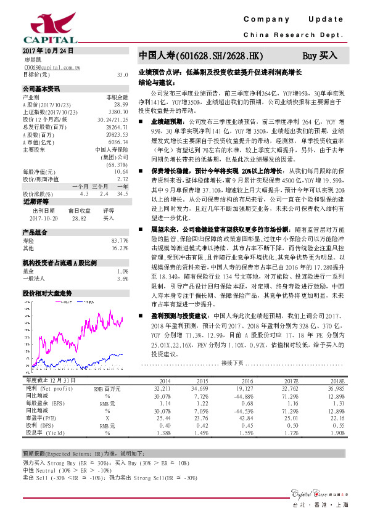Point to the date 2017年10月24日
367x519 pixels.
pyautogui.click(x=47, y=51)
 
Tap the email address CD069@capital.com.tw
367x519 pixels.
pyautogui.click(x=50, y=67)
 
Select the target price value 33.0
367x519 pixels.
pyautogui.click(x=122, y=74)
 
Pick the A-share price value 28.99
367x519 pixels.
pyautogui.click(x=121, y=105)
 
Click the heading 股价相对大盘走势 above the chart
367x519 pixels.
pyautogui.click(x=47, y=293)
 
